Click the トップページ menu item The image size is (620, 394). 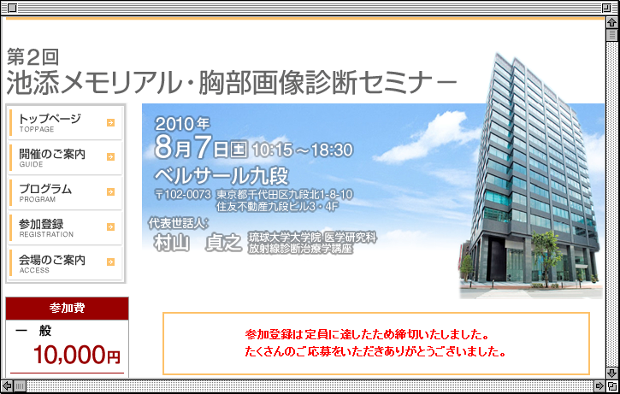(x=65, y=122)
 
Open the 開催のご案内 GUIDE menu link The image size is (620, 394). (x=65, y=157)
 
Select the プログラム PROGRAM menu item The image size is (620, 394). (x=65, y=192)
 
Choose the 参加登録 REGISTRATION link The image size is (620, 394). (x=65, y=227)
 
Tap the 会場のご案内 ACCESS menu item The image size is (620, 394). (x=65, y=262)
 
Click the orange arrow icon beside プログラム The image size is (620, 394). (x=110, y=192)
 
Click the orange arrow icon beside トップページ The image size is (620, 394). (x=110, y=123)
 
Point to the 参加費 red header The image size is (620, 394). (x=68, y=309)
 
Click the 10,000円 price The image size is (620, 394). (x=77, y=355)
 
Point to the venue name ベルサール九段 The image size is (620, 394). (x=221, y=176)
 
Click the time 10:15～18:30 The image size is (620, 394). (x=303, y=150)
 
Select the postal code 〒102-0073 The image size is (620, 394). (x=183, y=194)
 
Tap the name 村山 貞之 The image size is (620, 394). (x=198, y=243)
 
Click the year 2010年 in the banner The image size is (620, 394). (x=182, y=124)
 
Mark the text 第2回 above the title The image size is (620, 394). (x=32, y=57)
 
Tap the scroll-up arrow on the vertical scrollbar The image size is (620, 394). (x=611, y=22)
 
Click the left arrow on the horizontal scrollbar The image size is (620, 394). (x=7, y=385)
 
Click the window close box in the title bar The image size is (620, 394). (x=12, y=8)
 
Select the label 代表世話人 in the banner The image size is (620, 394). (x=179, y=223)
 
